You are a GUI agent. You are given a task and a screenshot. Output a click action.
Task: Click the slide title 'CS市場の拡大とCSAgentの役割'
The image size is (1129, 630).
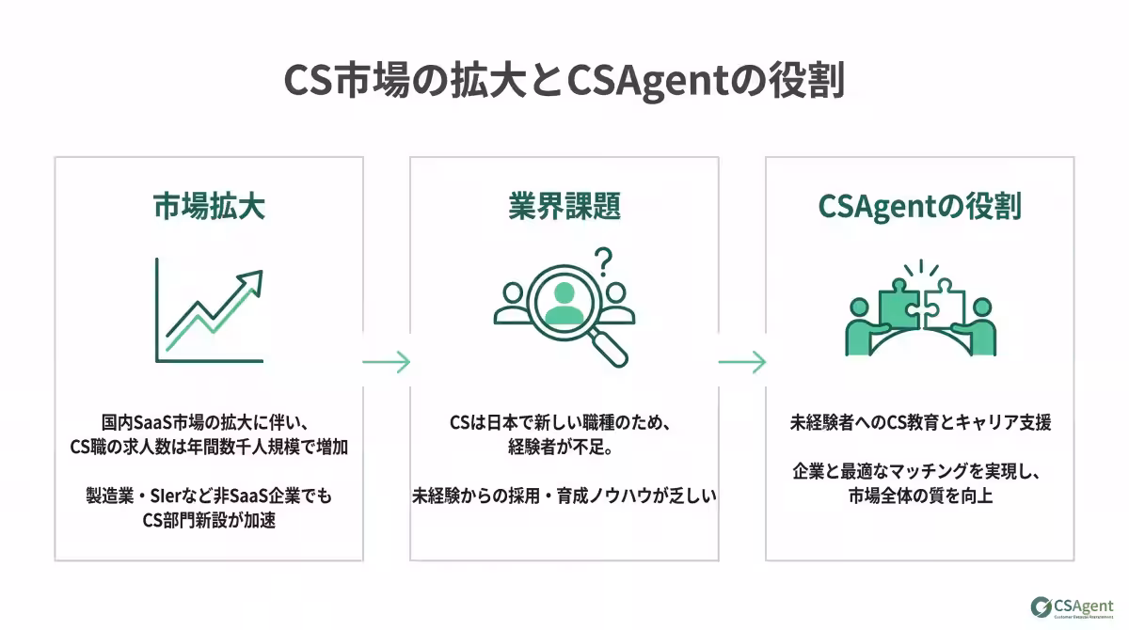564,80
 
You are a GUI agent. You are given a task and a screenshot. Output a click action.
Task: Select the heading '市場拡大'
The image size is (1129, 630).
209,206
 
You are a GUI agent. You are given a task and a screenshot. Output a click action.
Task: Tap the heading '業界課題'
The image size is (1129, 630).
564,206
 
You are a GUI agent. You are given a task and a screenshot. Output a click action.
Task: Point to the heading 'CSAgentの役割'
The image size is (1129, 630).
919,206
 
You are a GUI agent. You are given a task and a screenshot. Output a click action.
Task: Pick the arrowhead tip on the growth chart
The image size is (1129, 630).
257,275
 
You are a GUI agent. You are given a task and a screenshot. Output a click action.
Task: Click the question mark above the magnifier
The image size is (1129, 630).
603,260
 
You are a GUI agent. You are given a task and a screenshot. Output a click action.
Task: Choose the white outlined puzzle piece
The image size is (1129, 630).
944,303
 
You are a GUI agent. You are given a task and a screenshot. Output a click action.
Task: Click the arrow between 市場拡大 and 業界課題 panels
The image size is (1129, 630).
387,361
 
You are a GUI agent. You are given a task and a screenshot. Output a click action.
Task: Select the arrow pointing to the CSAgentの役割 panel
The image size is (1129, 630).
742,361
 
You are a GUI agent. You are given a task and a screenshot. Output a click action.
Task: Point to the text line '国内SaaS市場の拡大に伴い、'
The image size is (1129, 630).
209,423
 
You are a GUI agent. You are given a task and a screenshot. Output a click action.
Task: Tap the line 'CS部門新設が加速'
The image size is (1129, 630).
209,520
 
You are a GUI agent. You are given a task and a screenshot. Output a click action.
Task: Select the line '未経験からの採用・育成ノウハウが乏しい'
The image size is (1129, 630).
564,496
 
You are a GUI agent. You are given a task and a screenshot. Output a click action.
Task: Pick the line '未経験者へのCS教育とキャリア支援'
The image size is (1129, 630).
920,423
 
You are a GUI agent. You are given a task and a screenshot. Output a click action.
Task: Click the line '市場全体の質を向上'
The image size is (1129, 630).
920,496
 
